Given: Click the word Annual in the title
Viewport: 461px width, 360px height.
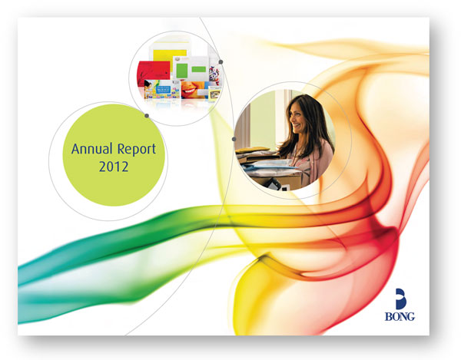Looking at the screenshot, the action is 92,149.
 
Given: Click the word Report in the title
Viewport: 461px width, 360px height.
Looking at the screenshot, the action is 137,150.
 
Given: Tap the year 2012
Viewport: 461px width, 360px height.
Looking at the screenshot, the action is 114,167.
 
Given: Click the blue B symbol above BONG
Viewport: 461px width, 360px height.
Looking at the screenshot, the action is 400,299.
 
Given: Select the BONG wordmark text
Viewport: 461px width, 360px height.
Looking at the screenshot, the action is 400,316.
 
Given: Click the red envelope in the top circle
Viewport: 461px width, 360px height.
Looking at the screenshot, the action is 154,73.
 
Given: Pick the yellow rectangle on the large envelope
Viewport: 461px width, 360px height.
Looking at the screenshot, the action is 171,58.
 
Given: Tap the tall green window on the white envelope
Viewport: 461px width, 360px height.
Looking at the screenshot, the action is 181,71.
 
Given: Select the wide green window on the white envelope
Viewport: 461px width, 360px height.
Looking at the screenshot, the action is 199,69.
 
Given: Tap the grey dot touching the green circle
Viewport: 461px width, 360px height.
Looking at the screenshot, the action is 147,116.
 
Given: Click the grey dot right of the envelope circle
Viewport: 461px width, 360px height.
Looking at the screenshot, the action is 221,62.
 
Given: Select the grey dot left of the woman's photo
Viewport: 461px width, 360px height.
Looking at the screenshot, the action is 234,139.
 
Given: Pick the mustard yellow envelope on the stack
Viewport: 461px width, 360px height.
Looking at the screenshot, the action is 253,150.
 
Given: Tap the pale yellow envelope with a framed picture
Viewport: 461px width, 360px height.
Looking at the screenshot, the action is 215,94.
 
